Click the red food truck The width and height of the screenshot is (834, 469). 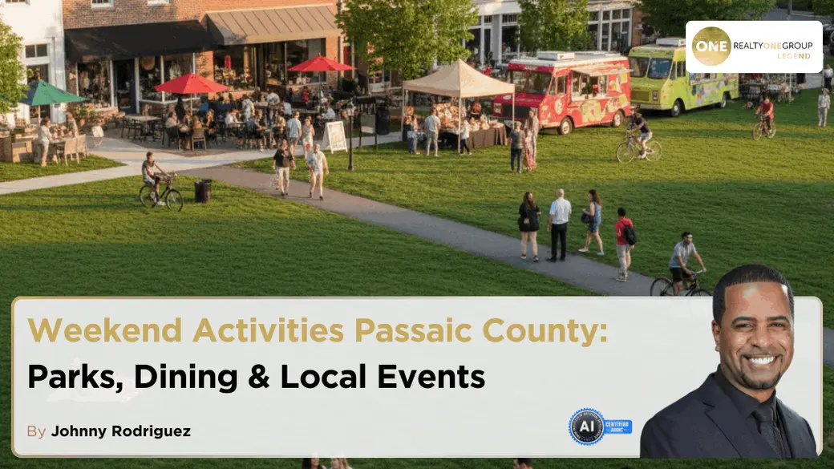562,91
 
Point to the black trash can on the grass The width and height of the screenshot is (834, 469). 203,192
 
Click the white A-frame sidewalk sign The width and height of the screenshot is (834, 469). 335,136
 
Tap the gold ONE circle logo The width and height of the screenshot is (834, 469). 711,46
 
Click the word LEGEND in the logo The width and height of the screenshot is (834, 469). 794,56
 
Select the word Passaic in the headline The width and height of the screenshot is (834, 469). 413,330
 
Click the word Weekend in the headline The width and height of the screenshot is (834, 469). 105,330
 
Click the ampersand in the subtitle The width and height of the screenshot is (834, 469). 258,377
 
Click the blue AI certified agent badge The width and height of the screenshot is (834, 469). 600,427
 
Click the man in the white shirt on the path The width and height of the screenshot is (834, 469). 558,225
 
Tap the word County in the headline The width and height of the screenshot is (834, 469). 545,331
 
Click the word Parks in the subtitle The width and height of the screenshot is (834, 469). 75,377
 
